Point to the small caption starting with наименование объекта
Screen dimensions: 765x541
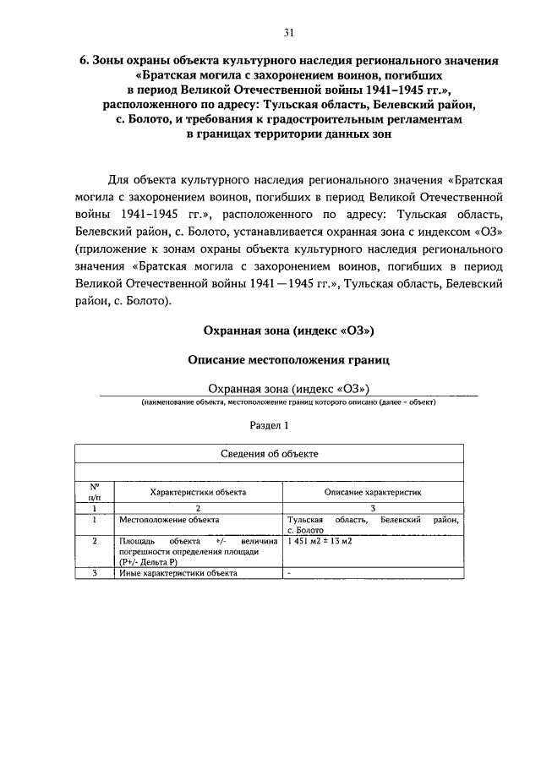tap(288, 402)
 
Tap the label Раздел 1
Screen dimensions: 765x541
tap(270, 425)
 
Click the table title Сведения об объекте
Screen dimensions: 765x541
tap(270, 454)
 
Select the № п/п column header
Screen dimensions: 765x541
tap(96, 491)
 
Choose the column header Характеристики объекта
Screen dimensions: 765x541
tap(198, 491)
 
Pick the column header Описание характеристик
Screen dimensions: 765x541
tap(373, 491)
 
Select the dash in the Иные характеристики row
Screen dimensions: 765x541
tap(289, 572)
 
